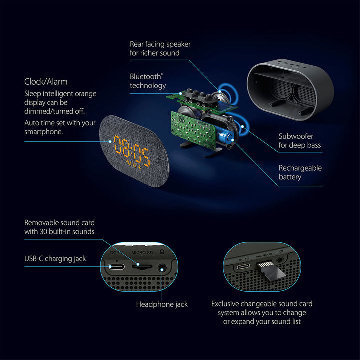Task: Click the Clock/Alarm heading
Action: click(x=46, y=82)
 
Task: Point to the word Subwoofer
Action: click(x=296, y=136)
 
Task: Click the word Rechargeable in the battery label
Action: click(x=300, y=168)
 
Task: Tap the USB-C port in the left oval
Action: click(x=117, y=267)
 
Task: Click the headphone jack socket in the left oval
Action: click(x=162, y=268)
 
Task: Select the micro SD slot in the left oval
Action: click(x=142, y=266)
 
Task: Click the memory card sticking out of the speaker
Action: click(x=271, y=271)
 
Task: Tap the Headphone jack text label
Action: click(x=162, y=304)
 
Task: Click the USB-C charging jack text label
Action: click(x=55, y=259)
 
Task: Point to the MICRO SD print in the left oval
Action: click(x=142, y=253)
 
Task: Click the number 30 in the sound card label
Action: click(x=43, y=232)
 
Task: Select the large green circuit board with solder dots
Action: click(x=193, y=130)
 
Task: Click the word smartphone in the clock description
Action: click(x=43, y=132)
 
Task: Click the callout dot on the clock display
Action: click(x=110, y=142)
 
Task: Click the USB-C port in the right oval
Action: click(x=243, y=266)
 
